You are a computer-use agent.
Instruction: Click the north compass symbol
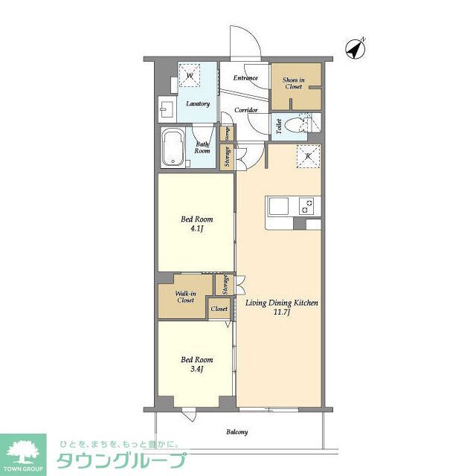[356, 48]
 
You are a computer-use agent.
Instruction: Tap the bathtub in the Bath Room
[174, 149]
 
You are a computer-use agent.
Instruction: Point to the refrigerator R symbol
[306, 156]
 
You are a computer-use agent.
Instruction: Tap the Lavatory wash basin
[165, 109]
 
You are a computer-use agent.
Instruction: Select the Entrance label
[245, 78]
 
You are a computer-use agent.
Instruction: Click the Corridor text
[246, 110]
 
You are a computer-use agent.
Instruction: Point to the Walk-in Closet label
[185, 297]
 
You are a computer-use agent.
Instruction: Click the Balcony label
[237, 432]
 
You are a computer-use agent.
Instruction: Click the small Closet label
[219, 309]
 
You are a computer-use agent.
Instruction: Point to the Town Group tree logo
[23, 451]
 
